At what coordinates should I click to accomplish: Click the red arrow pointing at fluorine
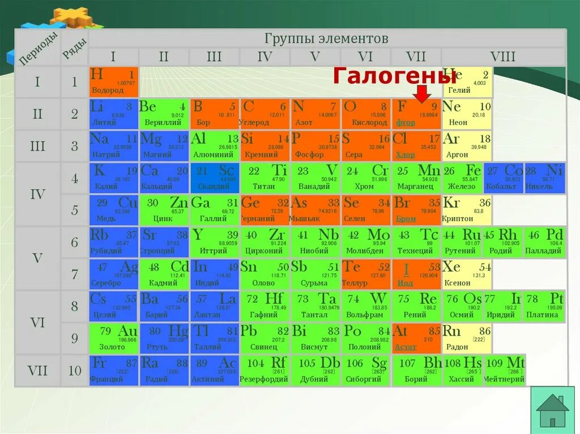coord(422,94)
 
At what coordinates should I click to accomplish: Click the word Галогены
coord(394,75)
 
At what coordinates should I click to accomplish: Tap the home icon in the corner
coord(552,411)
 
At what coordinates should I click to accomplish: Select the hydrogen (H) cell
coord(113,82)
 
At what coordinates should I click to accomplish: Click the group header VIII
coord(502,57)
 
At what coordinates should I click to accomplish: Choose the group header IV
coord(265,57)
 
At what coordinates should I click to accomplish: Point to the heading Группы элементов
coord(326,38)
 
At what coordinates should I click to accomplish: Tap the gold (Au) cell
coord(113,338)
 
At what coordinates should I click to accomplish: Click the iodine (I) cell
coord(416,274)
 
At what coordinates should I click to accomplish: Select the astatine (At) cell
coord(416,338)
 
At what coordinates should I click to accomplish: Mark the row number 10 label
coord(75,371)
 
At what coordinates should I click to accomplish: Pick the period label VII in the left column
coord(37,371)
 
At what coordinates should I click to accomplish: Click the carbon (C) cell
coord(265,114)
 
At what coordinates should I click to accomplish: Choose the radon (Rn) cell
coord(467,338)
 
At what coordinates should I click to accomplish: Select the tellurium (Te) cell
coord(366,274)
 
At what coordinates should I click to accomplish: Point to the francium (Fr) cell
coord(113,371)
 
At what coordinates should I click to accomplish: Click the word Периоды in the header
coord(39,48)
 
